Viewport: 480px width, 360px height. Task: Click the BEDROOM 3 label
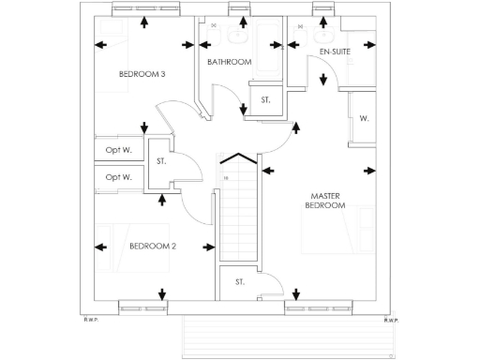pyautogui.click(x=142, y=74)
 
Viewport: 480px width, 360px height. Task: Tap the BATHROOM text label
pyautogui.click(x=230, y=62)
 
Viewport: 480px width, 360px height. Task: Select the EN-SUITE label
pyautogui.click(x=335, y=51)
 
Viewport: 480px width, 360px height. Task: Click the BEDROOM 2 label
pyautogui.click(x=152, y=247)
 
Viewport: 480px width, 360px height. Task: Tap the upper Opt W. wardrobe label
pyautogui.click(x=118, y=151)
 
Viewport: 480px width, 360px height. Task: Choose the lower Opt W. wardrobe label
pyautogui.click(x=118, y=176)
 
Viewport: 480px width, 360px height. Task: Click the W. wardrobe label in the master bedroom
pyautogui.click(x=363, y=119)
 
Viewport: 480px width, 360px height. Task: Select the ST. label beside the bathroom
pyautogui.click(x=265, y=99)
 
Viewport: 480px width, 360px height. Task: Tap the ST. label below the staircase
pyautogui.click(x=239, y=281)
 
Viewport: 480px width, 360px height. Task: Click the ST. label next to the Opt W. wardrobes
pyautogui.click(x=161, y=161)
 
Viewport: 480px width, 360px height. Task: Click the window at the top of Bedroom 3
pyautogui.click(x=142, y=9)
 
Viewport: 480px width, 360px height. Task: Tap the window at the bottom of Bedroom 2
pyautogui.click(x=143, y=307)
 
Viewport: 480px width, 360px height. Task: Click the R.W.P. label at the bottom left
pyautogui.click(x=91, y=320)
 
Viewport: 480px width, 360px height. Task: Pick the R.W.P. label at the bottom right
pyautogui.click(x=390, y=320)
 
